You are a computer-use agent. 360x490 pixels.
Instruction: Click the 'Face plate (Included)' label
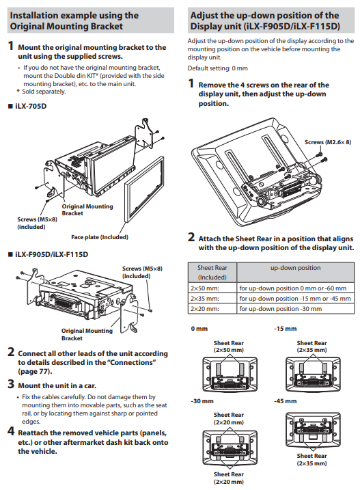click(x=100, y=237)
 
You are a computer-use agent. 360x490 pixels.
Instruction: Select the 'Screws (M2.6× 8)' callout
click(x=328, y=142)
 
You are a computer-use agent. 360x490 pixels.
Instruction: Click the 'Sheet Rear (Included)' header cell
click(x=212, y=273)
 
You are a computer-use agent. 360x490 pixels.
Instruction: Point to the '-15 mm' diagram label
click(x=286, y=329)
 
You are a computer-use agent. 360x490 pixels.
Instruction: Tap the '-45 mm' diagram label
click(x=286, y=401)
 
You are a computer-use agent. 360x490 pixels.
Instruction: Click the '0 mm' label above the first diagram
click(x=199, y=329)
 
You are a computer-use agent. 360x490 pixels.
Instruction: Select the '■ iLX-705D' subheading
click(x=27, y=106)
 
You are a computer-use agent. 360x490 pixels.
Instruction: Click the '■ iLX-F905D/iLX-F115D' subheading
click(x=48, y=254)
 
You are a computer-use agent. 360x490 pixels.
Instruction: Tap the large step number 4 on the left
click(x=11, y=431)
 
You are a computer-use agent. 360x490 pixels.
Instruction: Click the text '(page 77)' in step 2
click(x=35, y=372)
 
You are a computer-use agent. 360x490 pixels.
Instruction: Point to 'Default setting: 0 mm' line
click(x=217, y=68)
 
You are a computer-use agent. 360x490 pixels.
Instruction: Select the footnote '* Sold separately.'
click(x=41, y=92)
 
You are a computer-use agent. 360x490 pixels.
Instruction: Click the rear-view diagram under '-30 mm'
click(x=230, y=448)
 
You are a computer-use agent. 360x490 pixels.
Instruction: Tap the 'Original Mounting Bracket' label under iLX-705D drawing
click(x=87, y=210)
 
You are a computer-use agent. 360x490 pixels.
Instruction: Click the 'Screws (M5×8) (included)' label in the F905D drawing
click(x=142, y=272)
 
